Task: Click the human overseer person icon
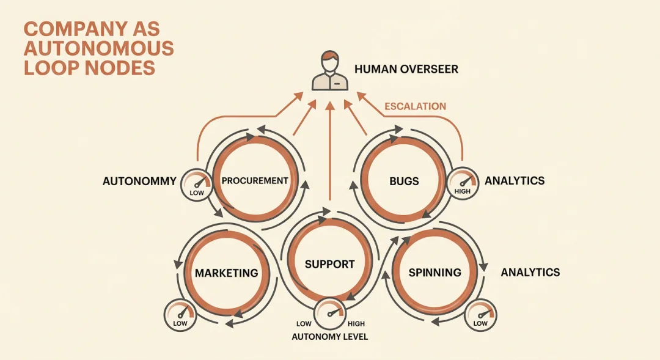pyautogui.click(x=330, y=70)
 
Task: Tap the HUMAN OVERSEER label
pyautogui.click(x=406, y=69)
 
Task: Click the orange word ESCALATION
pyautogui.click(x=415, y=106)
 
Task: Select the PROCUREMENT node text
pyautogui.click(x=255, y=181)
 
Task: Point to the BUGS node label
pyautogui.click(x=404, y=182)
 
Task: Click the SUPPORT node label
pyautogui.click(x=329, y=265)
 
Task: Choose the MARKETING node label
pyautogui.click(x=227, y=273)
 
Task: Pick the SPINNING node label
pyautogui.click(x=435, y=273)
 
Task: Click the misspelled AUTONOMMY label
pyautogui.click(x=139, y=181)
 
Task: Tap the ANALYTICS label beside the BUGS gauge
pyautogui.click(x=515, y=181)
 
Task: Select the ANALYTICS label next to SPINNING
pyautogui.click(x=530, y=273)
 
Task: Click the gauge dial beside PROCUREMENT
pyautogui.click(x=197, y=185)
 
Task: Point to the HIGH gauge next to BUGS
pyautogui.click(x=462, y=183)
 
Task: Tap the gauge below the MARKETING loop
pyautogui.click(x=180, y=315)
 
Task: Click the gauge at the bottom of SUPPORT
pyautogui.click(x=330, y=314)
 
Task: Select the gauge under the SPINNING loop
pyautogui.click(x=480, y=315)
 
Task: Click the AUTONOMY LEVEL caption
pyautogui.click(x=329, y=337)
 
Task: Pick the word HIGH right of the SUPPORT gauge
pyautogui.click(x=356, y=324)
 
